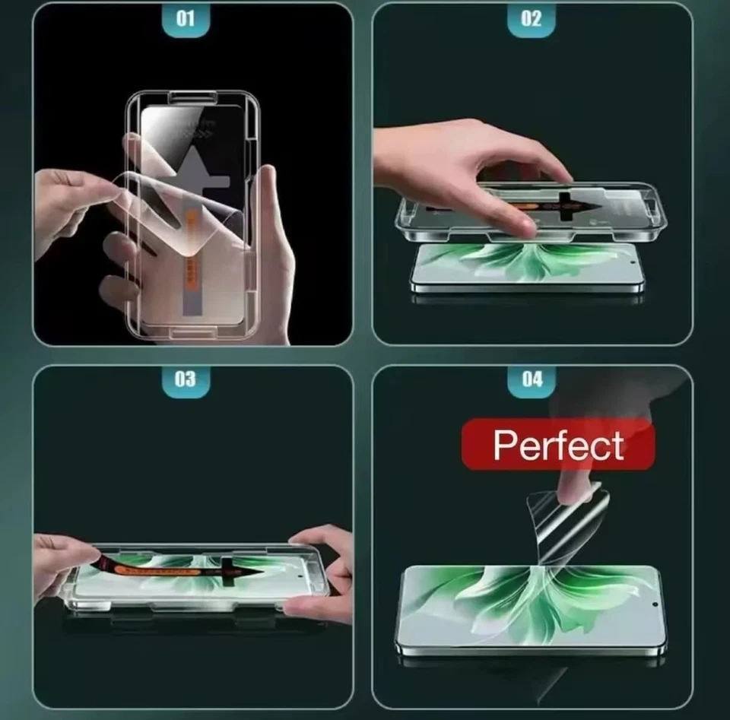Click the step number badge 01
pyautogui.click(x=186, y=19)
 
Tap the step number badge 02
pyautogui.click(x=532, y=19)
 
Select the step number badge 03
pyautogui.click(x=186, y=379)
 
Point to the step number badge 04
pyautogui.click(x=532, y=379)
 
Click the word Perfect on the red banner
pyautogui.click(x=558, y=445)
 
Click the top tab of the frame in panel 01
pyautogui.click(x=192, y=96)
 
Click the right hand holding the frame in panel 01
pyautogui.click(x=270, y=251)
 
